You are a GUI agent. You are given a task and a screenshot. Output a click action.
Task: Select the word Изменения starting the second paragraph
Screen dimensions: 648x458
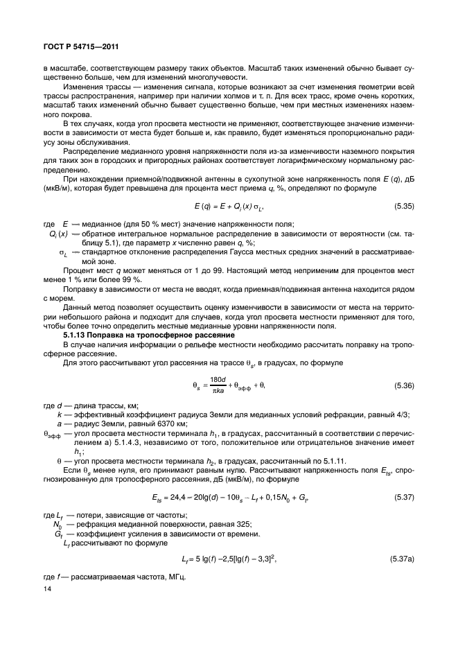[x=82, y=89]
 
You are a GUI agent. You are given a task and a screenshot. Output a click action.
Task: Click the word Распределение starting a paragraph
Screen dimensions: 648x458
[x=91, y=151]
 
